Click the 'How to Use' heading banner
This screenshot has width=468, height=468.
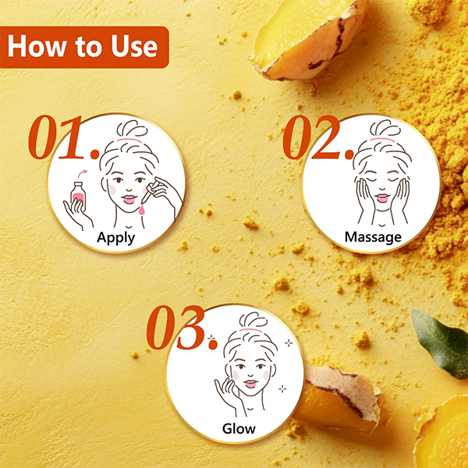click(x=84, y=47)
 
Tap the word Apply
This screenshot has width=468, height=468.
click(x=115, y=238)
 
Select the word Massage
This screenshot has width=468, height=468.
click(x=373, y=237)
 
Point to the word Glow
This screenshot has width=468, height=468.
click(x=239, y=428)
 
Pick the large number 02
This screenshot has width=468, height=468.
click(x=318, y=137)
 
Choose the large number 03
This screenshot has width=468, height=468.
click(x=181, y=328)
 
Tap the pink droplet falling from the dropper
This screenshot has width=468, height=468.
click(x=142, y=210)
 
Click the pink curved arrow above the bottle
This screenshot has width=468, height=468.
click(x=83, y=173)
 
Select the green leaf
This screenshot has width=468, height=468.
click(x=440, y=343)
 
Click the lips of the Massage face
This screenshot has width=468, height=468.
click(x=382, y=197)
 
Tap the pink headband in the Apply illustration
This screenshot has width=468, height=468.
click(x=129, y=140)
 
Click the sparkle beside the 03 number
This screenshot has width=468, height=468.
click(x=211, y=339)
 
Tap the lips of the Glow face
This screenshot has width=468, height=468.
click(x=250, y=384)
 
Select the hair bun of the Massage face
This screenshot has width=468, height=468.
click(x=385, y=128)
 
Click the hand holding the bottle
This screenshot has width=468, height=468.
click(x=77, y=214)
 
